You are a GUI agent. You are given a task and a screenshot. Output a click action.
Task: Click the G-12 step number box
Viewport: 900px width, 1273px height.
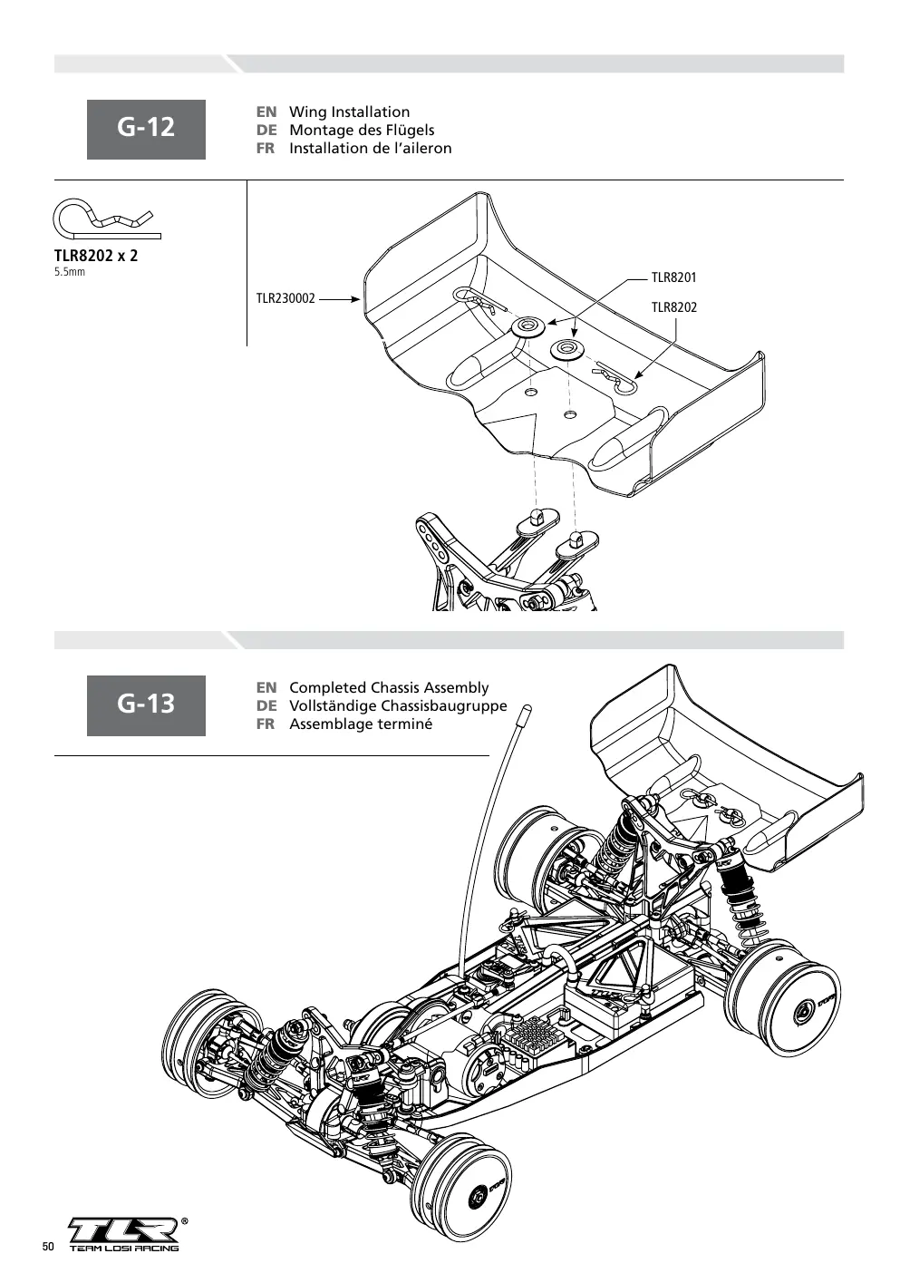(x=146, y=129)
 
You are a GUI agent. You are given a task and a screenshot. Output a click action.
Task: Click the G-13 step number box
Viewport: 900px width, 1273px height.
(x=146, y=705)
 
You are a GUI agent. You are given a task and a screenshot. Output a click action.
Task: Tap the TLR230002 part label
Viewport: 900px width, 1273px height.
(x=285, y=298)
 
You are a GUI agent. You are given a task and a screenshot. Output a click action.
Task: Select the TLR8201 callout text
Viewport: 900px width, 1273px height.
(x=673, y=277)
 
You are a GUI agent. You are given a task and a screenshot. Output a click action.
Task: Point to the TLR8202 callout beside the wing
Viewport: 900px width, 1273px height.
(x=673, y=307)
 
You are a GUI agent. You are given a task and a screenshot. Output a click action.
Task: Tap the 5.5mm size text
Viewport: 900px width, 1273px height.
(x=70, y=272)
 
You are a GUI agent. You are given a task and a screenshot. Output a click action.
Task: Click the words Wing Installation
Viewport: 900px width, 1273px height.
(x=350, y=112)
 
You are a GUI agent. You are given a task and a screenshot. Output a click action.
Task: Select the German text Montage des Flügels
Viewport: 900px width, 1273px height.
(x=362, y=131)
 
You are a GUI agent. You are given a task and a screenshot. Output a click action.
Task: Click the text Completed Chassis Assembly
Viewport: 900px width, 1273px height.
(x=389, y=687)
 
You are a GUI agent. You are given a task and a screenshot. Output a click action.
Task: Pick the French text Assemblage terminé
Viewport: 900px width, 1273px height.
(x=361, y=724)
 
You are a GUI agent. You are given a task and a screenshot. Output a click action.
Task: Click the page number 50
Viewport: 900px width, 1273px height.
(x=48, y=1246)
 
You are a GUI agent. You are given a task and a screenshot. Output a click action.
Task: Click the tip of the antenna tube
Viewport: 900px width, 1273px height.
(x=527, y=709)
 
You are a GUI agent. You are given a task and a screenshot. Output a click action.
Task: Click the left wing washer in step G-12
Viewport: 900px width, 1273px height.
(x=528, y=326)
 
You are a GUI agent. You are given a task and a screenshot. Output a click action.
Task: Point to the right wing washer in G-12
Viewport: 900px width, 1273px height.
(x=566, y=349)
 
